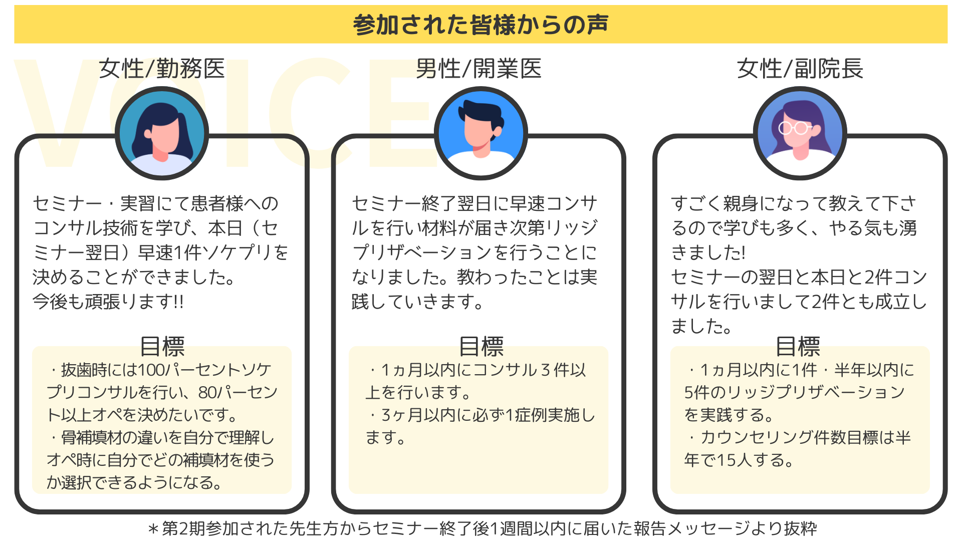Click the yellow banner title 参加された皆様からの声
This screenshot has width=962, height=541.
(x=480, y=25)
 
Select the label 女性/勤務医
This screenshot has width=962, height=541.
(x=162, y=69)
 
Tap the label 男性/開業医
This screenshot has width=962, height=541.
(x=478, y=69)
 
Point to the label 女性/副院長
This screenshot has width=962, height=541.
(x=800, y=69)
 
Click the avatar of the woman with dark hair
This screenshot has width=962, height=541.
(x=162, y=134)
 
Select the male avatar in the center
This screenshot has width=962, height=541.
(x=481, y=134)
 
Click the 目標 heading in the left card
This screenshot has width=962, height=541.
(x=162, y=346)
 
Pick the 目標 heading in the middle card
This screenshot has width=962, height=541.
(x=481, y=346)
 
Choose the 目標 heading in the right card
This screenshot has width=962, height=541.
(x=798, y=346)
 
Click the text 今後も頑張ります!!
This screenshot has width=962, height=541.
(x=108, y=302)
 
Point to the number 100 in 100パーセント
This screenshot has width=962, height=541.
(x=151, y=370)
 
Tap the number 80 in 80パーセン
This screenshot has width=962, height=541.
(x=208, y=392)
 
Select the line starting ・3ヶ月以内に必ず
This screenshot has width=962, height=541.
(x=481, y=415)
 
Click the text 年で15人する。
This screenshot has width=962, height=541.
(x=739, y=460)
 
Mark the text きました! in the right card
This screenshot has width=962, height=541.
(x=708, y=252)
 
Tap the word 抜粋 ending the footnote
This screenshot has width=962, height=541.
(x=801, y=528)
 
